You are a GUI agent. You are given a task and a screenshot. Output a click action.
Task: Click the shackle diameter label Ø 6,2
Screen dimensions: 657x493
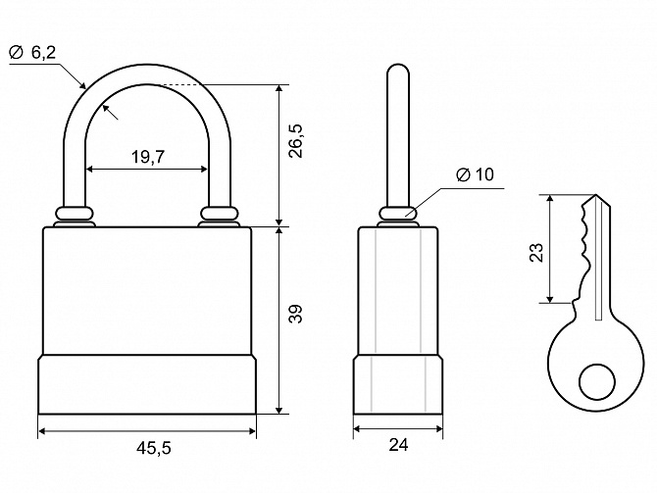[x=32, y=52]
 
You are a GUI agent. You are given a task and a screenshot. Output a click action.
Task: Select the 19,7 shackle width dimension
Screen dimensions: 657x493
[x=148, y=157]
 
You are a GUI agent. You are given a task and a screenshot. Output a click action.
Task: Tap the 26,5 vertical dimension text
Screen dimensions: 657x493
[x=296, y=141]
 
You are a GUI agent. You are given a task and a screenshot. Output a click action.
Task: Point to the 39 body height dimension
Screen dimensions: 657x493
[x=296, y=314]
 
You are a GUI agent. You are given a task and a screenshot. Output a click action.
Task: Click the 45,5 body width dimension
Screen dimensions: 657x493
[x=154, y=448]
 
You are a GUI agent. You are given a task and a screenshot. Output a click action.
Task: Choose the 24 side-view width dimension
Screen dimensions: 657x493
[x=398, y=445]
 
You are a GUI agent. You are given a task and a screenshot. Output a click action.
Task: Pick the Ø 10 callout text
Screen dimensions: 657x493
[x=475, y=174]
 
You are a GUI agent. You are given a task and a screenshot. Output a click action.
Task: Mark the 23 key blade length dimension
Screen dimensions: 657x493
[x=536, y=253]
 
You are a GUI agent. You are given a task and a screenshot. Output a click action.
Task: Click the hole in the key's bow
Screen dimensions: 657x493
[x=597, y=382]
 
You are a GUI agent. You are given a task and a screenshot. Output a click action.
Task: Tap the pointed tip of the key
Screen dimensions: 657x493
[x=595, y=195]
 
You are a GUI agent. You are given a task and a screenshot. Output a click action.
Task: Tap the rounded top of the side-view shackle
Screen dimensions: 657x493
[x=398, y=67]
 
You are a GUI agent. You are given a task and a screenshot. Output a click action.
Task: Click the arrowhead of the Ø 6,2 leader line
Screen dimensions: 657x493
[x=83, y=86]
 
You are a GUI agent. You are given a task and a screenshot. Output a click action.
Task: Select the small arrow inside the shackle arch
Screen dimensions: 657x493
[x=110, y=113]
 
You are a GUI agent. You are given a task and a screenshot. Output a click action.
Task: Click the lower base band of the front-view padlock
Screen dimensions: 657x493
[x=147, y=384]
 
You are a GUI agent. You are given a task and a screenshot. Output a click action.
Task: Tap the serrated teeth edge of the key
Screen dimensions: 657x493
[x=584, y=247]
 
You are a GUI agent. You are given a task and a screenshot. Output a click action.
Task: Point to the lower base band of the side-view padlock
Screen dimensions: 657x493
[x=398, y=384]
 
